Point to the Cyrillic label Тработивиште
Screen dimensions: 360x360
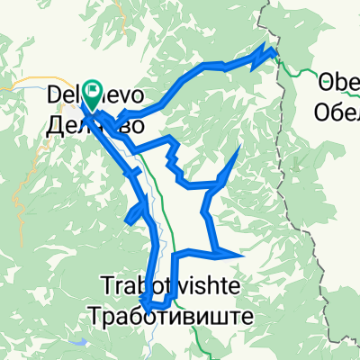(x=170, y=316)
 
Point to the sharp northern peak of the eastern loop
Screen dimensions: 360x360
(x=239, y=147)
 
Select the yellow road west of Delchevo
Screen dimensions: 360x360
(x=22, y=87)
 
